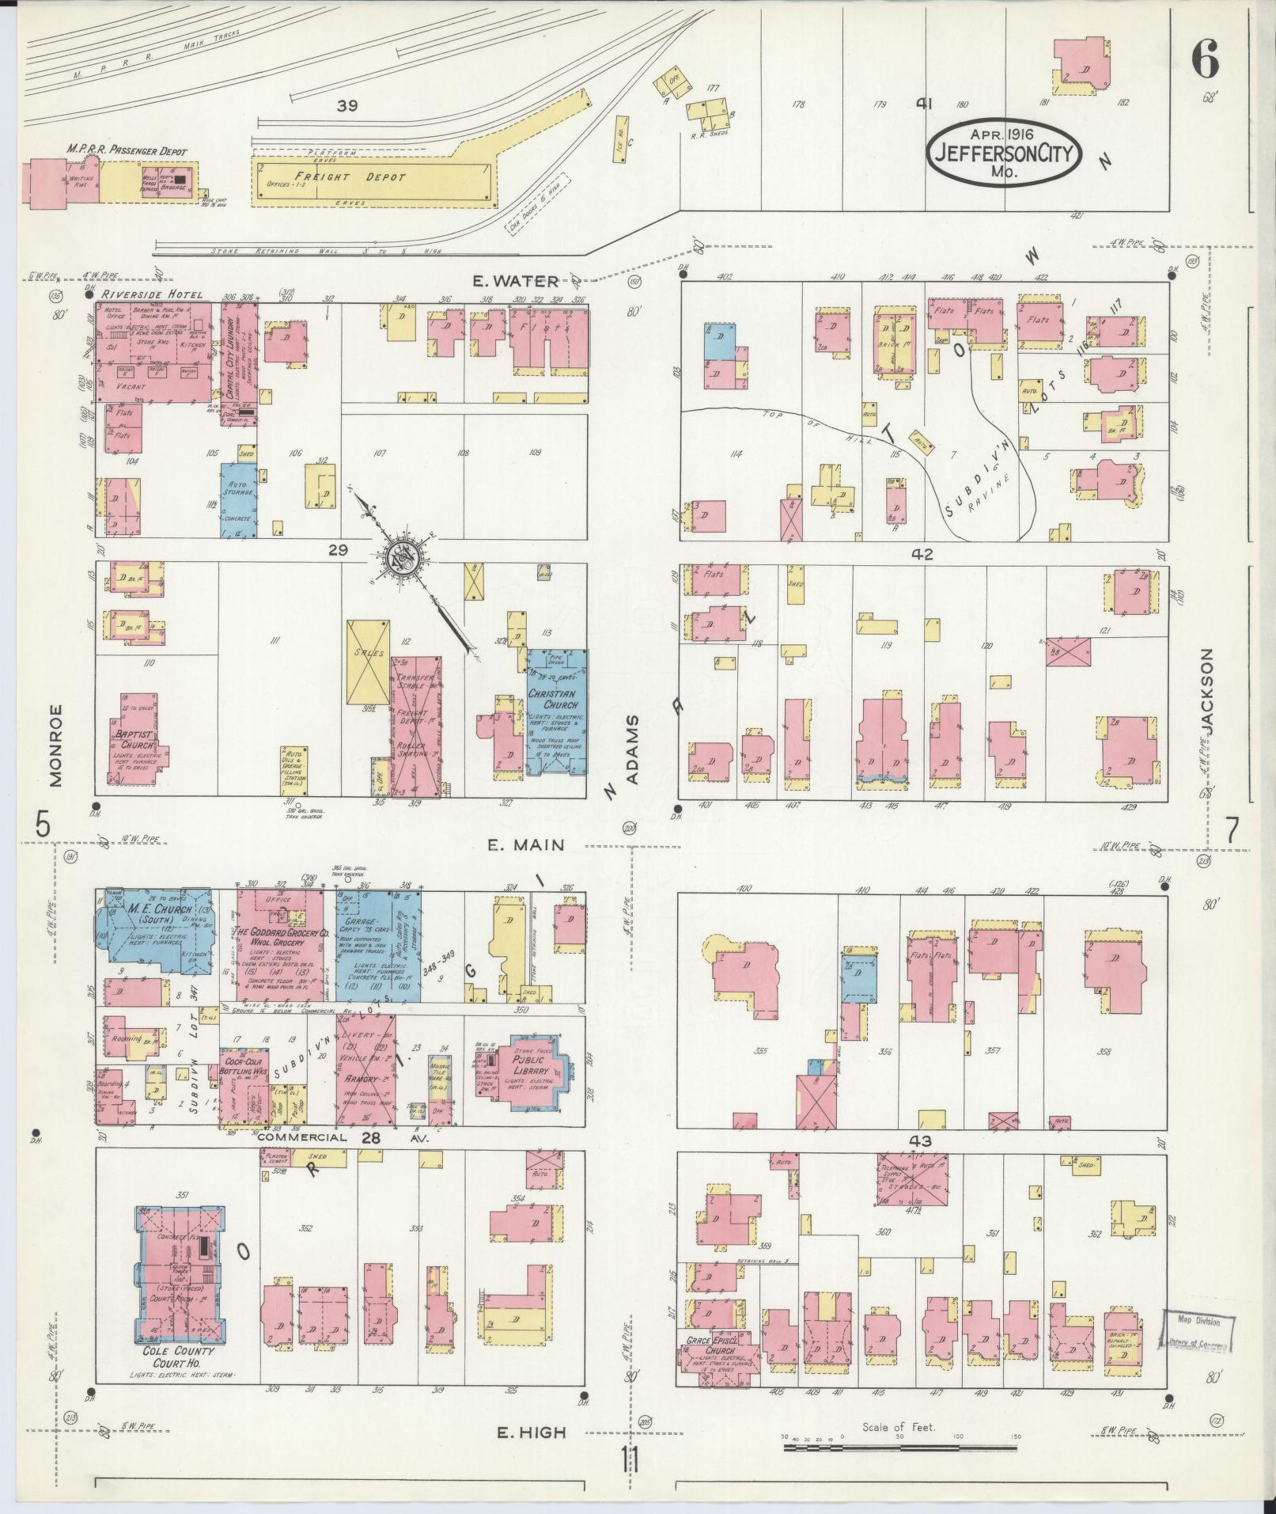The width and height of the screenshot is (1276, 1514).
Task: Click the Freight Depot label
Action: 350,177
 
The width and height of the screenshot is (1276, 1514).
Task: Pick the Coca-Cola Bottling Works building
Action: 243,1084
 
